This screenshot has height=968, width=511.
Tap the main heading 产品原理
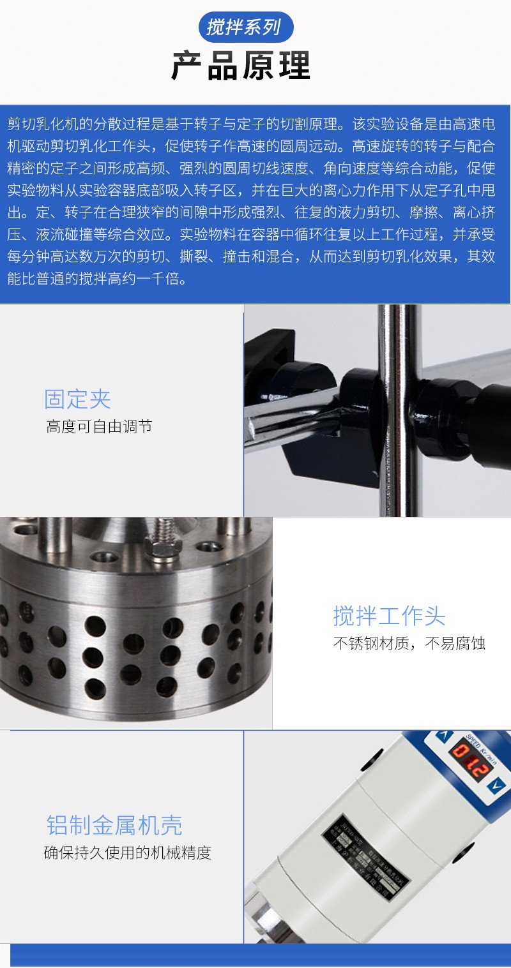241,65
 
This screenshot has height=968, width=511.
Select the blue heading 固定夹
77,399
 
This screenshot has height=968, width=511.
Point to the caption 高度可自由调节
99,426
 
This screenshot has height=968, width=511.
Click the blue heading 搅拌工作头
389,616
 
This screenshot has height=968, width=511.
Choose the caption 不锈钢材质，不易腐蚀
409,643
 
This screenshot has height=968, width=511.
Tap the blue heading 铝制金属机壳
114,825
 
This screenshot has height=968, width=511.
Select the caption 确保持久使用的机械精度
127,853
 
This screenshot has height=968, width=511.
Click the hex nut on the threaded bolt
163,547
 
